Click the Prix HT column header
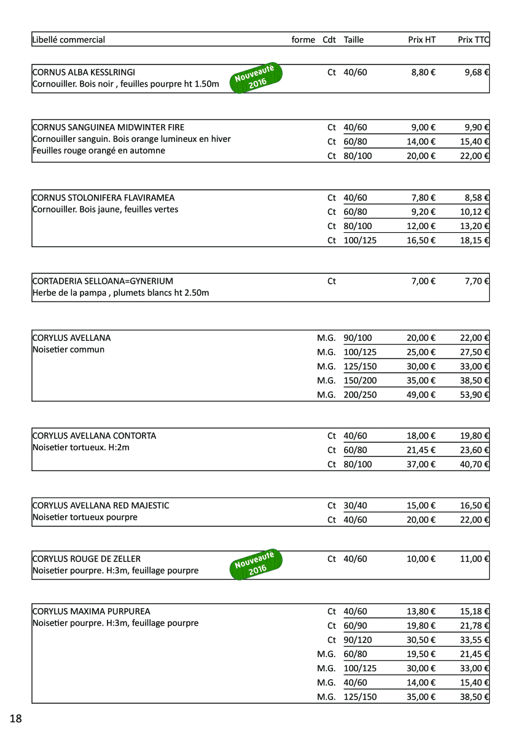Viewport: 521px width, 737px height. [x=421, y=40]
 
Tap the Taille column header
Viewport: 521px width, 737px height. [x=354, y=40]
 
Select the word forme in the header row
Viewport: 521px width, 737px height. [x=303, y=40]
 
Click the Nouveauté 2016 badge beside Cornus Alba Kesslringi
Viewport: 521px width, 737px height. [x=256, y=78]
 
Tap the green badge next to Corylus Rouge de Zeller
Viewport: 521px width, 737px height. [x=256, y=564]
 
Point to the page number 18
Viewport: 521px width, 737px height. [x=15, y=719]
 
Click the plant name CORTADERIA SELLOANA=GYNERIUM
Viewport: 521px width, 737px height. [x=103, y=281]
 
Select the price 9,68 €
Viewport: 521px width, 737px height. [x=477, y=72]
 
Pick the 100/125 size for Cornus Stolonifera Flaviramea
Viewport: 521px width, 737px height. [x=360, y=240]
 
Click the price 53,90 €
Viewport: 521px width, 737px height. [x=474, y=394]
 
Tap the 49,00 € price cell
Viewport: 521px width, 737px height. [x=421, y=394]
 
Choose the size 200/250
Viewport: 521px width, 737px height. [x=360, y=394]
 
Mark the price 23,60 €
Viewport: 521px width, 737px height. [x=474, y=450]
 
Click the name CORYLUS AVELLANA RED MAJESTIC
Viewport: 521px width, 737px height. [x=101, y=505]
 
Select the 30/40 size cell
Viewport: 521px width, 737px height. [x=355, y=505]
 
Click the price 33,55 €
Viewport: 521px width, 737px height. [x=474, y=640]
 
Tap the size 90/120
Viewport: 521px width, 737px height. [x=358, y=640]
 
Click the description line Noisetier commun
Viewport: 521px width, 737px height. [x=68, y=349]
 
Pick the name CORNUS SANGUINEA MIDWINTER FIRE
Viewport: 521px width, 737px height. [x=108, y=128]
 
